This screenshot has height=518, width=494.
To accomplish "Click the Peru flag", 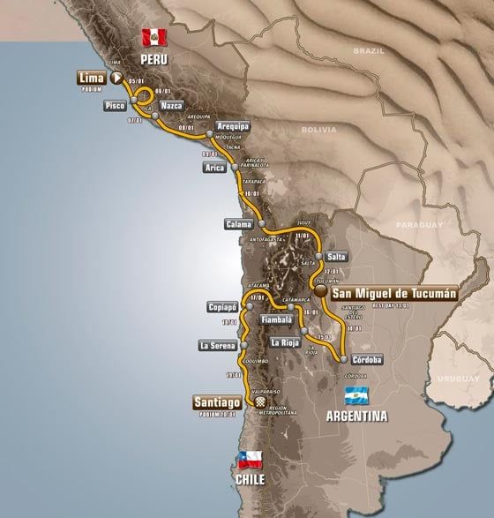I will coord(154,37).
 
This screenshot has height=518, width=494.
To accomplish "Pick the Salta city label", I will coord(336,256).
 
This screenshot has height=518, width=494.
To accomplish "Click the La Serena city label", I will coord(215,345).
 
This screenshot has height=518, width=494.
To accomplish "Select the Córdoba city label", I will coord(365,359).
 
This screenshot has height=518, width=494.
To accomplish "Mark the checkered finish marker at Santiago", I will coord(261,402).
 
